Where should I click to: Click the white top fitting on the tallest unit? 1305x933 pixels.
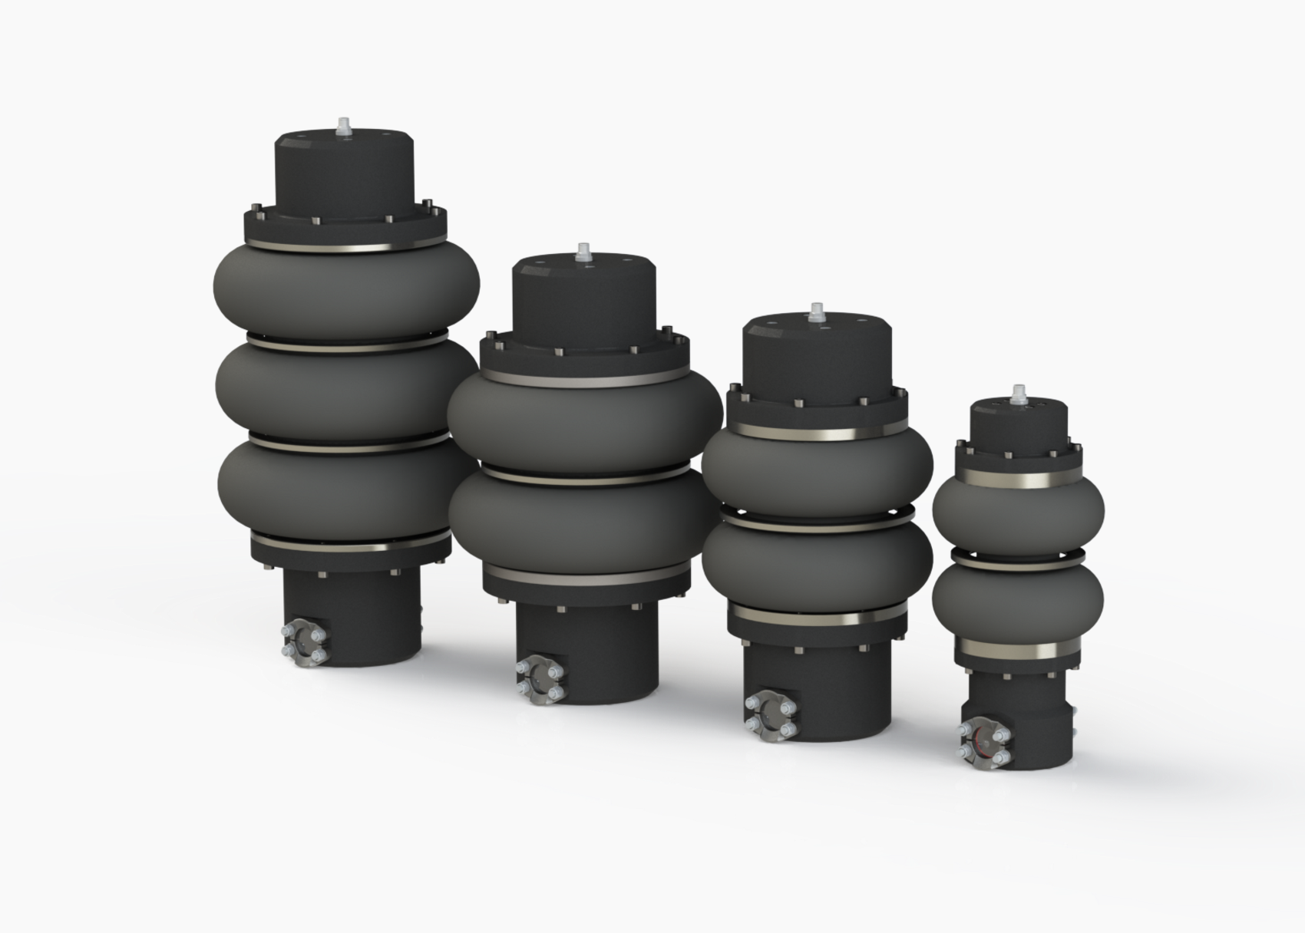coord(342,127)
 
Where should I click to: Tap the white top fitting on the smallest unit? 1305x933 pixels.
coord(1019,394)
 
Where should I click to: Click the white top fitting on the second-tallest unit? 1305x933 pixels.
coord(584,252)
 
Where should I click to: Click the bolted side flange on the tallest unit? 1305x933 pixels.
coord(305,642)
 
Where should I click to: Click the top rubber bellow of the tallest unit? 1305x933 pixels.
coord(347,290)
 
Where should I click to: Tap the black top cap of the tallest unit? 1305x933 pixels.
coord(345,173)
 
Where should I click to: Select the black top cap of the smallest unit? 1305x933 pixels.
coord(1019,427)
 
